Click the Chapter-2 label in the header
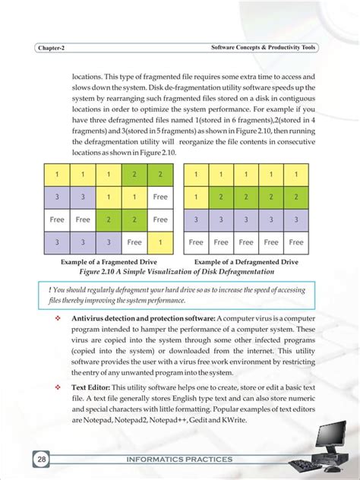pyautogui.click(x=51, y=48)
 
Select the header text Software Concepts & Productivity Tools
pyautogui.click(x=263, y=48)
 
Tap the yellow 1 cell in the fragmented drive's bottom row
pyautogui.click(x=159, y=242)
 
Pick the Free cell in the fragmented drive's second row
pyautogui.click(x=159, y=196)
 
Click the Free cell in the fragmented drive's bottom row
pyautogui.click(x=134, y=242)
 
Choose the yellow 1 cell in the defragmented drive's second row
pyautogui.click(x=196, y=196)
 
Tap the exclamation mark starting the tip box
pyautogui.click(x=49, y=289)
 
